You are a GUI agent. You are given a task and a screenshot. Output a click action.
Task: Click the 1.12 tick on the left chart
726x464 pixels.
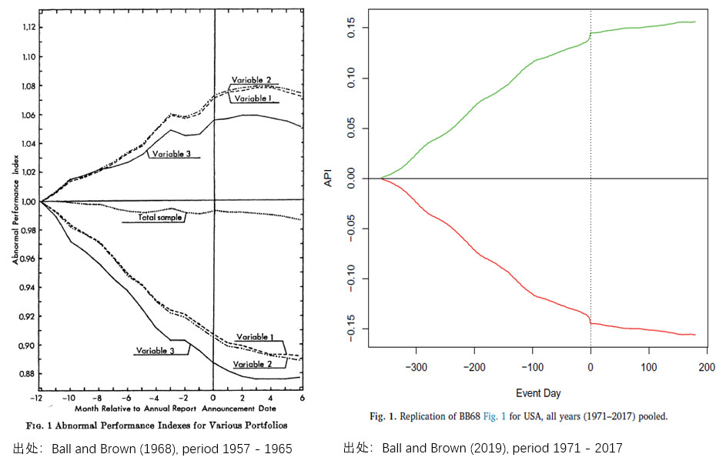(29, 27)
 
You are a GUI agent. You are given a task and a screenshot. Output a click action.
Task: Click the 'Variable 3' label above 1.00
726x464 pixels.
(170, 154)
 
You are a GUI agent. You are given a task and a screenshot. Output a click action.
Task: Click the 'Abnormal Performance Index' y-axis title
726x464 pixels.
(16, 208)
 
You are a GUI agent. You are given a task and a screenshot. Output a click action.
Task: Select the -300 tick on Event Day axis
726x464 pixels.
(416, 367)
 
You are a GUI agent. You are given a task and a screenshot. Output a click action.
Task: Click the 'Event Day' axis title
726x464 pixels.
(537, 393)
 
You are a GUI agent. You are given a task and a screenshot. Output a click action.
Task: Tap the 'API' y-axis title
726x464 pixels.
(329, 179)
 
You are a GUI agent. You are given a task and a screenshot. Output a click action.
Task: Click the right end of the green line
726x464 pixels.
(695, 22)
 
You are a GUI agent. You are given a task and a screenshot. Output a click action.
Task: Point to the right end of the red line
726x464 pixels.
(695, 335)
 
